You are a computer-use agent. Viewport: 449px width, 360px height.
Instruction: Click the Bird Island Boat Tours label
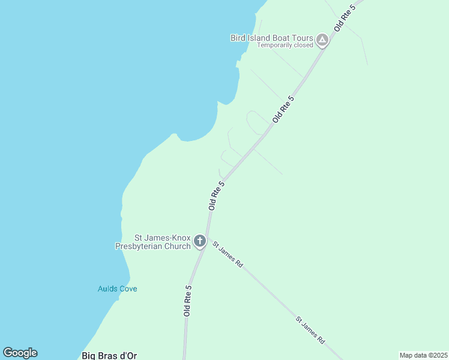coord(272,38)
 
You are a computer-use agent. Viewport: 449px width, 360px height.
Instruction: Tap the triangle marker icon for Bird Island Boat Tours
coord(322,40)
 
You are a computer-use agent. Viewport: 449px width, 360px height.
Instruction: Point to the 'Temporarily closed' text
coord(285,45)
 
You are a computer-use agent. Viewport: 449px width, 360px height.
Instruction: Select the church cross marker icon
coord(200,242)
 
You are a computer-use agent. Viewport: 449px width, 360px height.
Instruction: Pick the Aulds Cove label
coord(117,289)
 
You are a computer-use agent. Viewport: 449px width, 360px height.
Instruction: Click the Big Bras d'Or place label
coord(109,356)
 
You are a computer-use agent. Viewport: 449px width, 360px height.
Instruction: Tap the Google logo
coord(20,353)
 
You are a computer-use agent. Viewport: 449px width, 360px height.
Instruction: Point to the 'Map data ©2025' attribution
coord(423,355)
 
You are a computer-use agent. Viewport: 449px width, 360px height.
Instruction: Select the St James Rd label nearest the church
coord(227,254)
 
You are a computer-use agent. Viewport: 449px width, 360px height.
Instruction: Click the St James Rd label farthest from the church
coord(310,330)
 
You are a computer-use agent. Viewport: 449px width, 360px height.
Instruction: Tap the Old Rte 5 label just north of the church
coord(216,196)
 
